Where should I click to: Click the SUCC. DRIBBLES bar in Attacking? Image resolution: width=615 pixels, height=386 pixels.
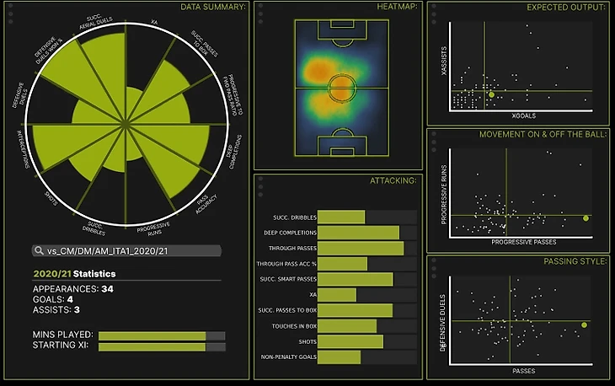click(341, 217)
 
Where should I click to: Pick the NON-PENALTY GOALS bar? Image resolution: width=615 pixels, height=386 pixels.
click(340, 357)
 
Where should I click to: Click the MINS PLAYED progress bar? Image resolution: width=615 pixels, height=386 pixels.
click(152, 335)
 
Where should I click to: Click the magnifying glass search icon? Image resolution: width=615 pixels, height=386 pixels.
click(38, 251)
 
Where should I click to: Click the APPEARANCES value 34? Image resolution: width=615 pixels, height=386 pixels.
click(107, 289)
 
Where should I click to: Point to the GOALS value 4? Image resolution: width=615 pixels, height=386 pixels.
click(70, 299)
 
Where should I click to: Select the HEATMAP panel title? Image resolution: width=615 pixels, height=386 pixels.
click(396, 7)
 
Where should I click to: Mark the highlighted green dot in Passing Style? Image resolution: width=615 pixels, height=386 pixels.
click(585, 324)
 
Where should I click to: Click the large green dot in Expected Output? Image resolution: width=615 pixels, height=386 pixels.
click(491, 94)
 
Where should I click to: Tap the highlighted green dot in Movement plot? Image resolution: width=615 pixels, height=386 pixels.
click(586, 218)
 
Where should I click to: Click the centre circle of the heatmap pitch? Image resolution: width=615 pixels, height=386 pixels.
click(341, 86)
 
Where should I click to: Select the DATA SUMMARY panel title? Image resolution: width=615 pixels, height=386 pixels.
click(213, 7)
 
